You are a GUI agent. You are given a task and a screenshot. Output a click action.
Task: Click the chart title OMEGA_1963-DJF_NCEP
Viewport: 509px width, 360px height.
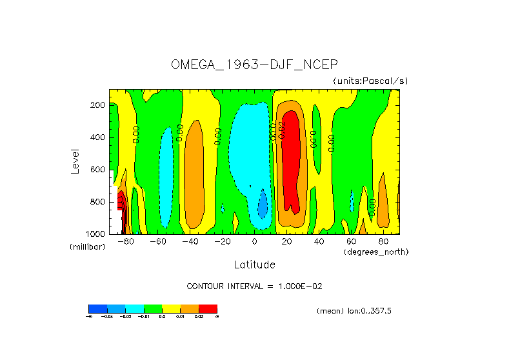coord(254,65)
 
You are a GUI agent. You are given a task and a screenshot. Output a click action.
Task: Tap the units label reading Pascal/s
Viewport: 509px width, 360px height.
coord(370,81)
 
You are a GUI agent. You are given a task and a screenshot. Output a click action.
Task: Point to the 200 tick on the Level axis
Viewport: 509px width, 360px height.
coord(98,105)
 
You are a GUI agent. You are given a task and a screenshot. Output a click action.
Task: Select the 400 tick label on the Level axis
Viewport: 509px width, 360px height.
coord(98,137)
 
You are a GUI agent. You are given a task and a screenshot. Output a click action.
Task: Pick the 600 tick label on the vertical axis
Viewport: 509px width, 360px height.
coord(98,170)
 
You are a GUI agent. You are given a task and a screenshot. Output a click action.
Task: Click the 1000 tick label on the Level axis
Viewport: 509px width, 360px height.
coord(96,234)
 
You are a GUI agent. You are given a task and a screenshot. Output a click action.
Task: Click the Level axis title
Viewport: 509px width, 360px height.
coord(75,161)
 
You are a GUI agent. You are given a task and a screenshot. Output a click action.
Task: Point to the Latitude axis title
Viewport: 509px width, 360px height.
coord(254,265)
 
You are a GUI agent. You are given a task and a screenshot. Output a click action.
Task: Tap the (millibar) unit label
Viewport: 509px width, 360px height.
coord(87,247)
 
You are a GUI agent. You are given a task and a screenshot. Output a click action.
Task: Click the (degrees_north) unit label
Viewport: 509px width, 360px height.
coord(377,251)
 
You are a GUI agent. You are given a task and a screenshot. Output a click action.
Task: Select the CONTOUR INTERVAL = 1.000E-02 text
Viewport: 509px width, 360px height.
coord(259,286)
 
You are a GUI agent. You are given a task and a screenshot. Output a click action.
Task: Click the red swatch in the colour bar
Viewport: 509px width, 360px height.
coord(208,308)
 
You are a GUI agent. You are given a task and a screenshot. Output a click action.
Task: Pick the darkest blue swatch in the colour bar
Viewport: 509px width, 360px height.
coord(97,308)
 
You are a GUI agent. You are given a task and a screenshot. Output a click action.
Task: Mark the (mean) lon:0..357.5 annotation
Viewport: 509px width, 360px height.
coord(354,311)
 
